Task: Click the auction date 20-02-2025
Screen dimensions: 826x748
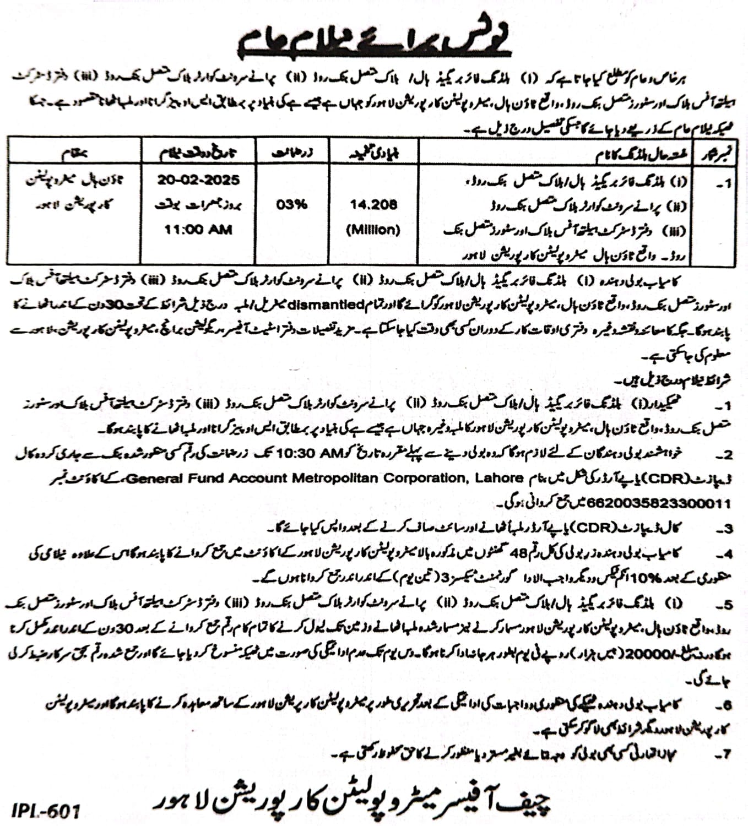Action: (x=198, y=180)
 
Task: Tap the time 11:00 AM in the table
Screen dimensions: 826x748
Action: (x=198, y=229)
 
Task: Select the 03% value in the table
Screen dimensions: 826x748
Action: (x=292, y=205)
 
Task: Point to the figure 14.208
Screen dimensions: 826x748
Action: (x=373, y=205)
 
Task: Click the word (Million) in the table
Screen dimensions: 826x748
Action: (x=373, y=230)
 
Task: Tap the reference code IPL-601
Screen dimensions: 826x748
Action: (x=46, y=811)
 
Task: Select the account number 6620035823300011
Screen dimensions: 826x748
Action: (x=659, y=503)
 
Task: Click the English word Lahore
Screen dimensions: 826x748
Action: (x=497, y=478)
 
